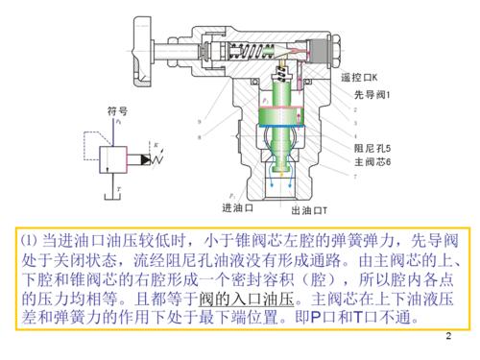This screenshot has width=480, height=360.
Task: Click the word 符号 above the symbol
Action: point(118,112)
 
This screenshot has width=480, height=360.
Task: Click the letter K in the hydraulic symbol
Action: point(154,144)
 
